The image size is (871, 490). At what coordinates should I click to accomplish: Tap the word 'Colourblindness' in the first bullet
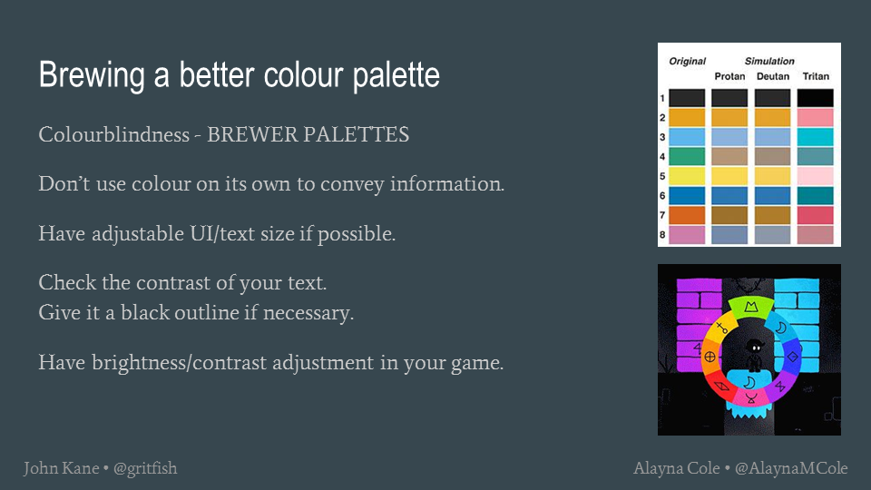point(114,134)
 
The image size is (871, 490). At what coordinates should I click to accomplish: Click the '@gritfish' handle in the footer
point(145,469)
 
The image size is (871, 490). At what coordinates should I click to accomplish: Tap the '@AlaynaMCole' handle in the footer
point(791,468)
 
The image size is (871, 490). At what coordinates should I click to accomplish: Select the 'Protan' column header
point(729,76)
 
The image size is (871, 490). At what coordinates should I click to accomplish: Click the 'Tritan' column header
point(816,76)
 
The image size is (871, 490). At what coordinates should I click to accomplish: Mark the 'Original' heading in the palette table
point(687,61)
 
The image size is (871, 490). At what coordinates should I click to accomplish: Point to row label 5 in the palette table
point(662,176)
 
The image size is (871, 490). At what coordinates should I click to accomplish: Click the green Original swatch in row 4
point(687,157)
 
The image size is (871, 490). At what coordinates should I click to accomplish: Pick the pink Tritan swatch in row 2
point(815,118)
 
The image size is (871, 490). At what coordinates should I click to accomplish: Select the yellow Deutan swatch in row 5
point(772,176)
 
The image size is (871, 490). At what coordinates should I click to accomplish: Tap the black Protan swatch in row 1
point(729,98)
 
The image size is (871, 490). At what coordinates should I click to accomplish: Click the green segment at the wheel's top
point(751,308)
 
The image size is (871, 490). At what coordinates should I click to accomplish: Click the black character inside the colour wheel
point(754,355)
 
